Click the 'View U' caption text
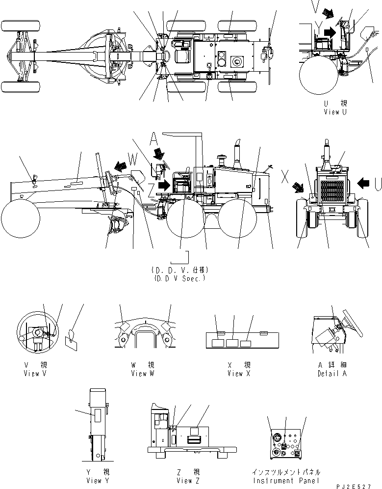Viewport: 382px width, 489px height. tap(335, 112)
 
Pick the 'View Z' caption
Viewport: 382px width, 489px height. tap(185, 480)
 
